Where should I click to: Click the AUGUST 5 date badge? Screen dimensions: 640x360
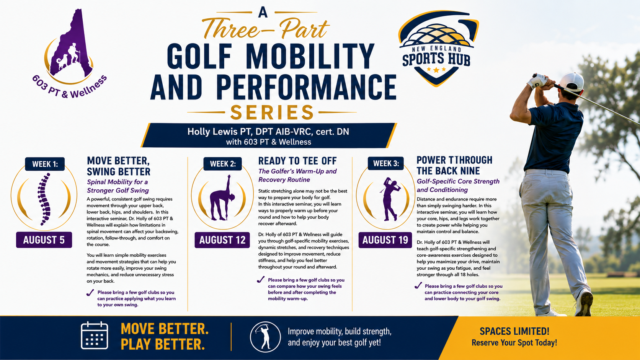(x=44, y=240)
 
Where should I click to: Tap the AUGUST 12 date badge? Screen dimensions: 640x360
(x=222, y=240)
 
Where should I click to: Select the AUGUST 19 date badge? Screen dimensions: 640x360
(x=385, y=240)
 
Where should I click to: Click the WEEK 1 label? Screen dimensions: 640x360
(x=45, y=164)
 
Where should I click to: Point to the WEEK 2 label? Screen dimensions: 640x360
(x=222, y=164)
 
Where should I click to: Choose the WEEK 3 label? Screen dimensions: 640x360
(x=386, y=163)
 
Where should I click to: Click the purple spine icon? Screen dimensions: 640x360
(x=44, y=199)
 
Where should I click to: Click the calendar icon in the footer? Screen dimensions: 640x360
(x=95, y=336)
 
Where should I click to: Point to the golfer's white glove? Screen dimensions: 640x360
(x=537, y=81)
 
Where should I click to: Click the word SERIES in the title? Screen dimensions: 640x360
(x=272, y=112)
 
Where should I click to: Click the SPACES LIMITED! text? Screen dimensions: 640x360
(x=514, y=331)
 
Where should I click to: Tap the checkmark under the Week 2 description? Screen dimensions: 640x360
(x=261, y=280)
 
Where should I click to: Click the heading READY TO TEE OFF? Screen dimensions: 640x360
(x=297, y=161)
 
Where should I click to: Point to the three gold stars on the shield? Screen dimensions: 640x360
(x=436, y=69)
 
